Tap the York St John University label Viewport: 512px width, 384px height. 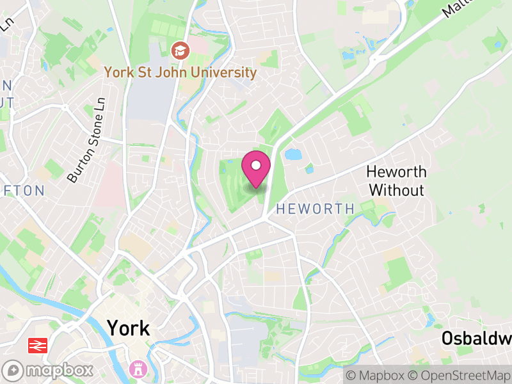181,72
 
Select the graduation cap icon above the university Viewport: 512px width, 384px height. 181,49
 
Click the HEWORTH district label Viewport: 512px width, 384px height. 315,209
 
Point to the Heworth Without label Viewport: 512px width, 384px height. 396,180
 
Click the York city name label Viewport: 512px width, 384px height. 129,328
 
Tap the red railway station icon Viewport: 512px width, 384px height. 38,346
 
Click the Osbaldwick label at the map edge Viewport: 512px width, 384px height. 476,339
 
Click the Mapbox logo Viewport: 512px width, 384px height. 49,370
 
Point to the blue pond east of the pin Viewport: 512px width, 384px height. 292,154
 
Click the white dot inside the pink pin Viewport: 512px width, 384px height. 256,166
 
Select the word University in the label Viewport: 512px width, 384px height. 223,72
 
